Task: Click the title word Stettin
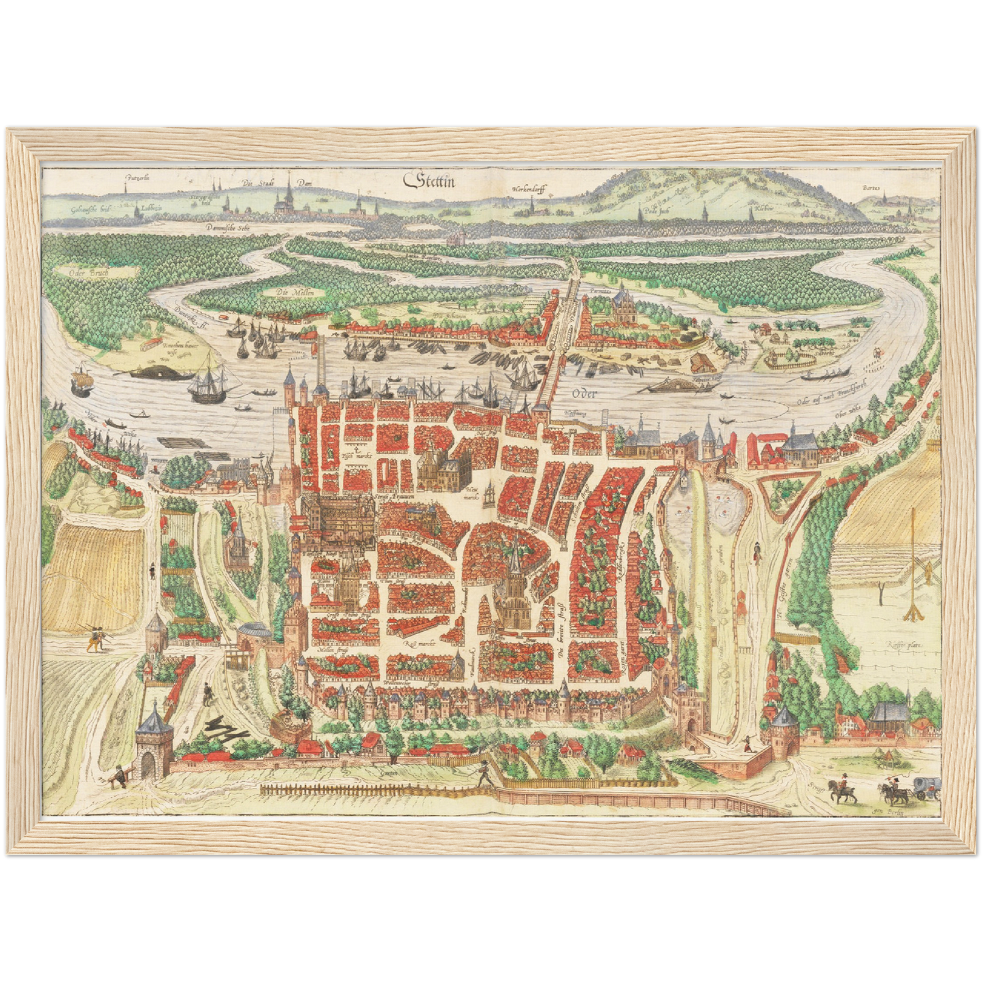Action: [430, 181]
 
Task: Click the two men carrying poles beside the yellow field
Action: [96, 637]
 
